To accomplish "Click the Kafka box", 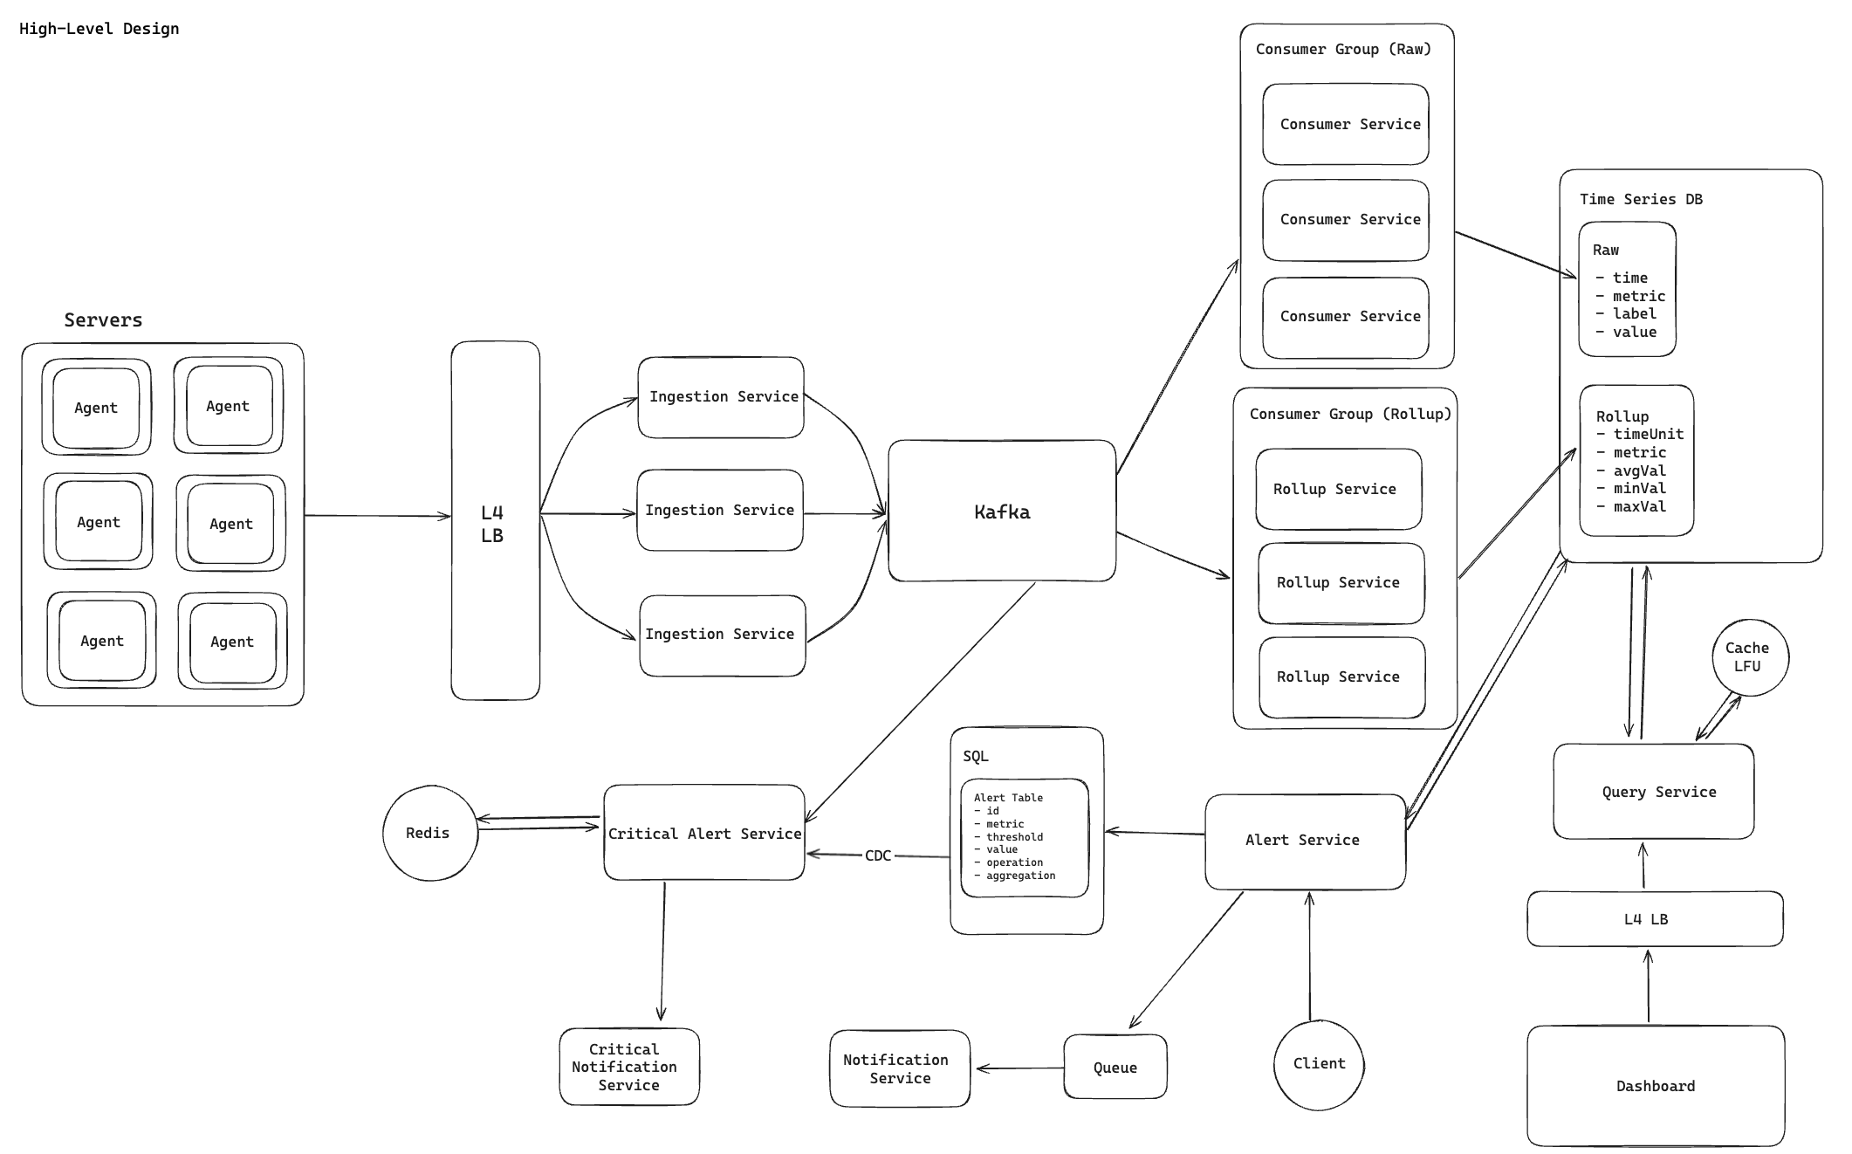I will pyautogui.click(x=1002, y=512).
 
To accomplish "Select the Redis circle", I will pyautogui.click(x=429, y=833).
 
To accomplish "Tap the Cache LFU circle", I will pyautogui.click(x=1749, y=657).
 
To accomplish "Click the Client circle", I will pyautogui.click(x=1318, y=1063).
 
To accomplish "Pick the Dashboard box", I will pyautogui.click(x=1655, y=1086).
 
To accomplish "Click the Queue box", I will pyautogui.click(x=1115, y=1067).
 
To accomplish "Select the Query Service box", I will pyautogui.click(x=1654, y=792).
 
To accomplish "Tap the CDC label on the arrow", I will pyautogui.click(x=878, y=855).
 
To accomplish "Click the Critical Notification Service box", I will pyautogui.click(x=628, y=1067).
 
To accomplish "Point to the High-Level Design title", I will pyautogui.click(x=99, y=29).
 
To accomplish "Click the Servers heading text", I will pyautogui.click(x=103, y=320).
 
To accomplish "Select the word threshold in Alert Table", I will pyautogui.click(x=1014, y=836).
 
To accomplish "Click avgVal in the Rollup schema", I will pyautogui.click(x=1639, y=471).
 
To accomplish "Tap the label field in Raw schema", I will pyautogui.click(x=1634, y=313).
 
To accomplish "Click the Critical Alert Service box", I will pyautogui.click(x=703, y=833).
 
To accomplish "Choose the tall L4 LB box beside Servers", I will pyautogui.click(x=495, y=522).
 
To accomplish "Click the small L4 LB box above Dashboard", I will pyautogui.click(x=1654, y=919).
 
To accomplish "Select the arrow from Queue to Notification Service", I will pyautogui.click(x=1019, y=1068).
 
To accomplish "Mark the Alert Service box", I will pyautogui.click(x=1304, y=841).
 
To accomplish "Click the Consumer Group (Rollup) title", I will pyautogui.click(x=1349, y=414).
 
